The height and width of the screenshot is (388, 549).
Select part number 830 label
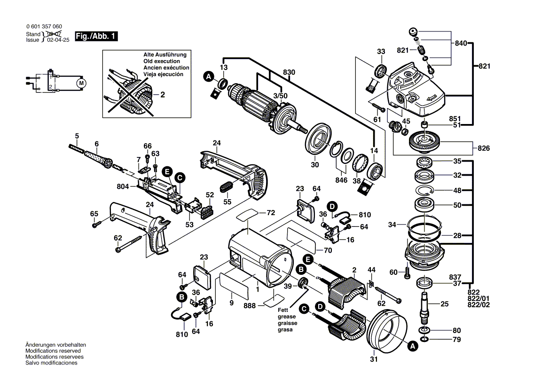pyautogui.click(x=289, y=72)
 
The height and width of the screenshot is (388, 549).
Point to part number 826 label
pyautogui.click(x=484, y=148)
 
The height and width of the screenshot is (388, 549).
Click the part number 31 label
pyautogui.click(x=374, y=360)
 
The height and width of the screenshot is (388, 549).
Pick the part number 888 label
pyautogui.click(x=250, y=305)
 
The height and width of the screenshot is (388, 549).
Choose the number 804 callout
pyautogui.click(x=123, y=186)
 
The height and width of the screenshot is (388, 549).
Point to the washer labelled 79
pyautogui.click(x=424, y=339)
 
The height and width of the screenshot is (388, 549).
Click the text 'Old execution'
pyautogui.click(x=162, y=62)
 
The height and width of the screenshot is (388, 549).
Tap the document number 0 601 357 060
pyautogui.click(x=44, y=27)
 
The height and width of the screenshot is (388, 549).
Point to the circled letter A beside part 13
pyautogui.click(x=208, y=76)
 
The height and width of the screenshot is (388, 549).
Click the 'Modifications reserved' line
pyautogui.click(x=53, y=351)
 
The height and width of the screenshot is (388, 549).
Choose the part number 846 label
pyautogui.click(x=341, y=180)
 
